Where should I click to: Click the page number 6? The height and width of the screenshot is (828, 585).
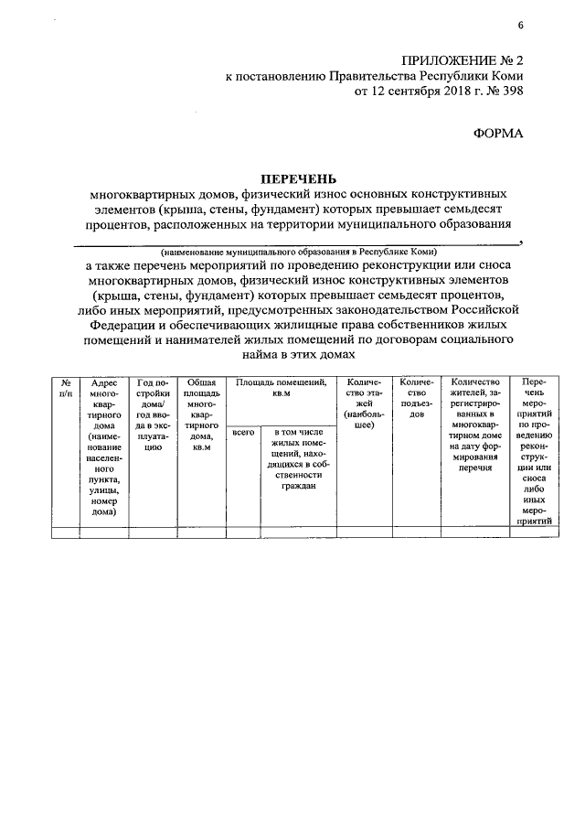pyautogui.click(x=520, y=25)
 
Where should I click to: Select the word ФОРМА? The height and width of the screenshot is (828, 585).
pyautogui.click(x=498, y=134)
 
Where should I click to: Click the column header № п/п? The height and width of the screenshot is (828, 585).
pyautogui.click(x=66, y=387)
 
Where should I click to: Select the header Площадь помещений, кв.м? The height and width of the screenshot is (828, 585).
pyautogui.click(x=280, y=388)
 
